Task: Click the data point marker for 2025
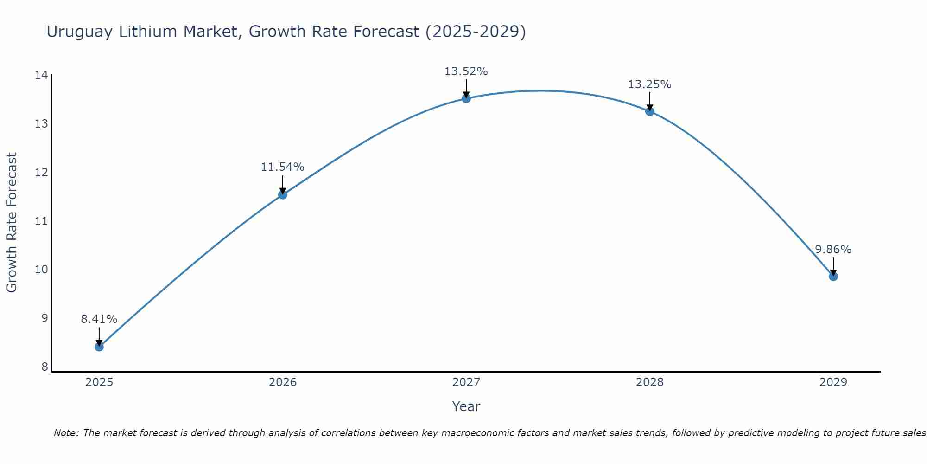[99, 347]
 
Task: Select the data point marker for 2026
[283, 194]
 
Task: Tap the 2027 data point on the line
[466, 98]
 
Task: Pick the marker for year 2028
[650, 111]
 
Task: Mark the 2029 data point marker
[833, 277]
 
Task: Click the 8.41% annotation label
[99, 319]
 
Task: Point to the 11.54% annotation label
[282, 167]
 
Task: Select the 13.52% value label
[466, 71]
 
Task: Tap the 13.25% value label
[649, 84]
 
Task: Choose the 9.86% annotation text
[833, 250]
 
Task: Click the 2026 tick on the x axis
[283, 382]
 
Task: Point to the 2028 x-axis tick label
[650, 382]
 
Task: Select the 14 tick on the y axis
[41, 75]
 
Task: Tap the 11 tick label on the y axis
[41, 221]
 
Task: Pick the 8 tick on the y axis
[44, 367]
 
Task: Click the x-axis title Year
[466, 406]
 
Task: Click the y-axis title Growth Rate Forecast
[12, 222]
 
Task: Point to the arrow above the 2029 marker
[833, 265]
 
